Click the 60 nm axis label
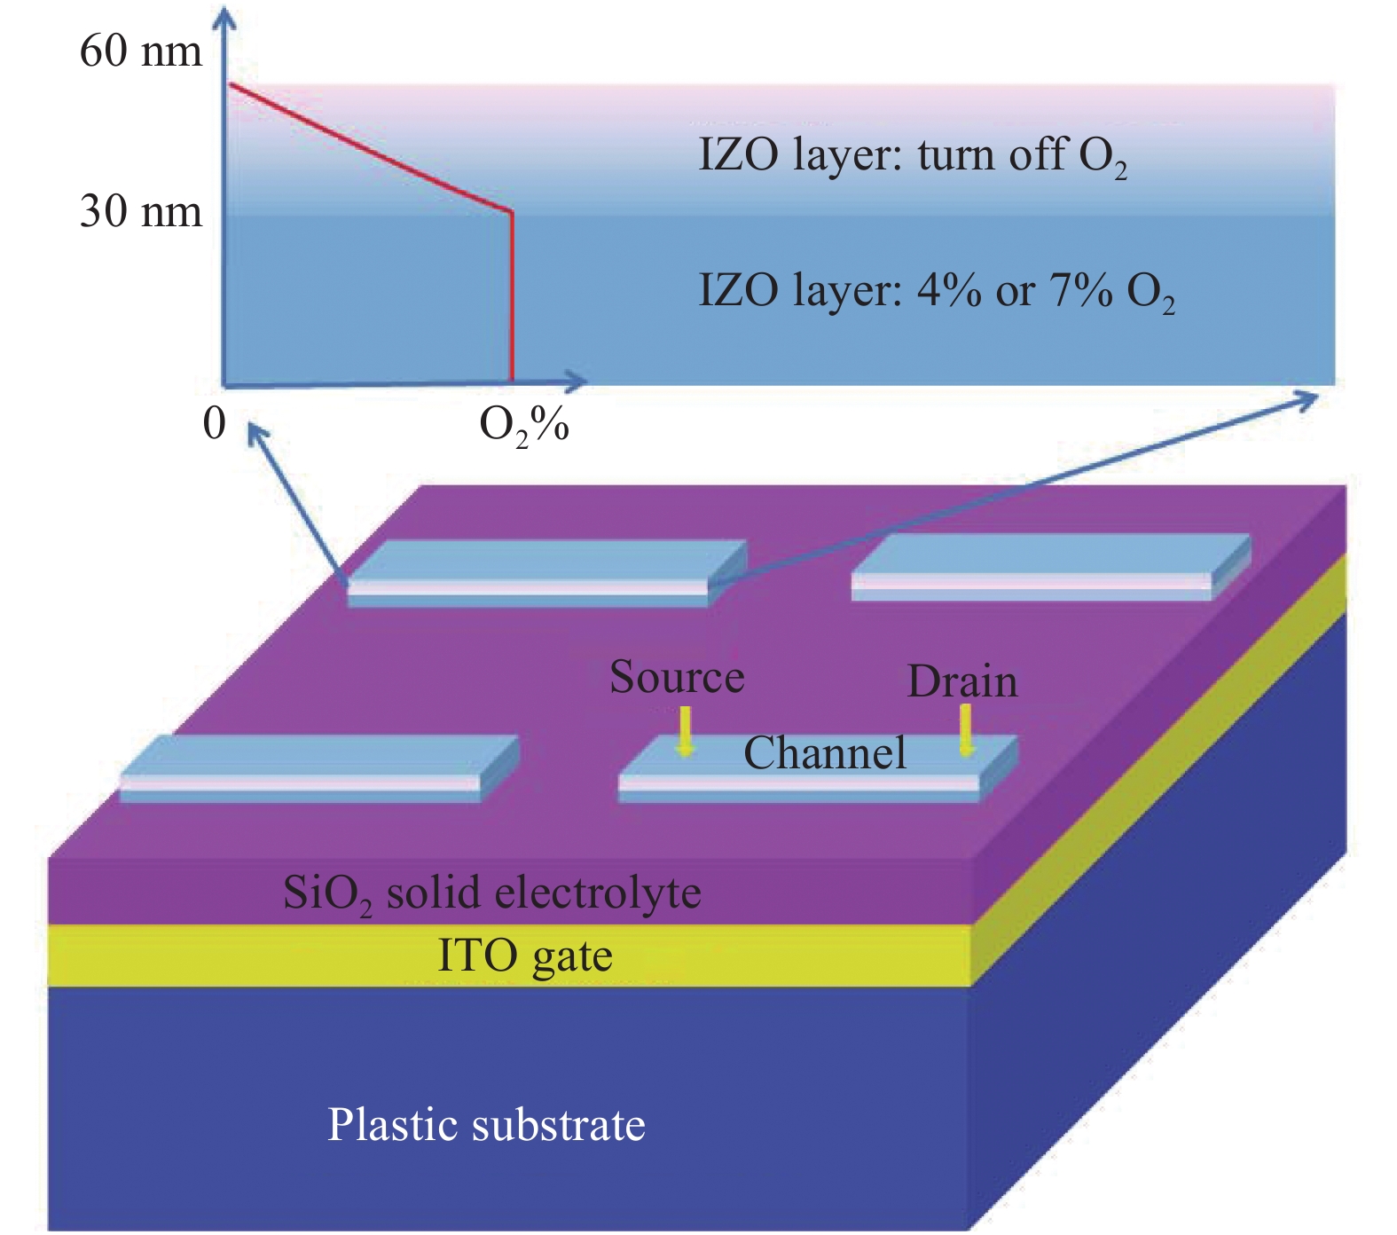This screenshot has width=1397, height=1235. [x=141, y=51]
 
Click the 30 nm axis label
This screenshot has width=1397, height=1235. [x=141, y=212]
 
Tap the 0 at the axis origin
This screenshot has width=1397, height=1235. [x=214, y=423]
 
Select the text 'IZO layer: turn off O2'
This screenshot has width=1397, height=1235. [x=912, y=156]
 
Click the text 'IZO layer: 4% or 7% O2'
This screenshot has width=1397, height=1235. [x=937, y=292]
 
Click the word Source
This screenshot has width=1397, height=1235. [x=677, y=677]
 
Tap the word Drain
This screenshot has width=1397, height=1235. [x=962, y=681]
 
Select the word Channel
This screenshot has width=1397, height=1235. [x=825, y=753]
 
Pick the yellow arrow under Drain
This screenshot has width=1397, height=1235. [x=966, y=730]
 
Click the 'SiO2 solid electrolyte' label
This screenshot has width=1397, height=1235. [x=491, y=893]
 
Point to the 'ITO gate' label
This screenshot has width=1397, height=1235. [x=525, y=956]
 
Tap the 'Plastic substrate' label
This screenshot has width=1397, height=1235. [x=486, y=1125]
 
